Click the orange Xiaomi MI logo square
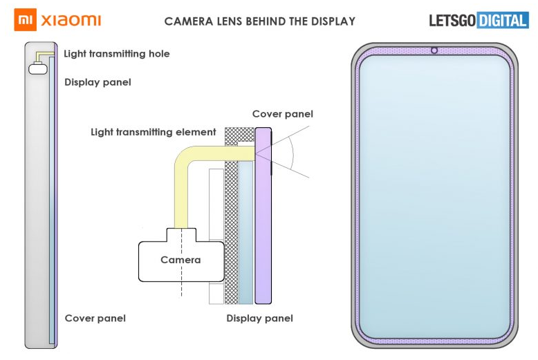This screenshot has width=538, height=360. (x=24, y=20)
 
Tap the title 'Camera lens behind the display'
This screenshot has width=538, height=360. (x=259, y=21)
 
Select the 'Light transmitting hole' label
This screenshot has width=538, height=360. (x=116, y=54)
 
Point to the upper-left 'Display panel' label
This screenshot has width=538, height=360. (x=98, y=82)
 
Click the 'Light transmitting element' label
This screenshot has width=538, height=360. (x=154, y=132)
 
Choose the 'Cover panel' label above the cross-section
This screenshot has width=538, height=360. (x=282, y=114)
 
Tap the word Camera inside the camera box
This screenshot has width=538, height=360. (x=180, y=260)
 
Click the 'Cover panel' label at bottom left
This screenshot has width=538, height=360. (x=95, y=319)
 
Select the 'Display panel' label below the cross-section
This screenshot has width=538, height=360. (x=259, y=319)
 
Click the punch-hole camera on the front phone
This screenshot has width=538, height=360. (x=434, y=50)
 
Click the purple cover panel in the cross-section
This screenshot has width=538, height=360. (x=263, y=221)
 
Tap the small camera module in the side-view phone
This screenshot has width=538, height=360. (x=38, y=68)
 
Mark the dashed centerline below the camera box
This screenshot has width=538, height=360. (x=180, y=290)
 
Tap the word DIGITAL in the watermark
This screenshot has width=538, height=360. (x=502, y=20)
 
